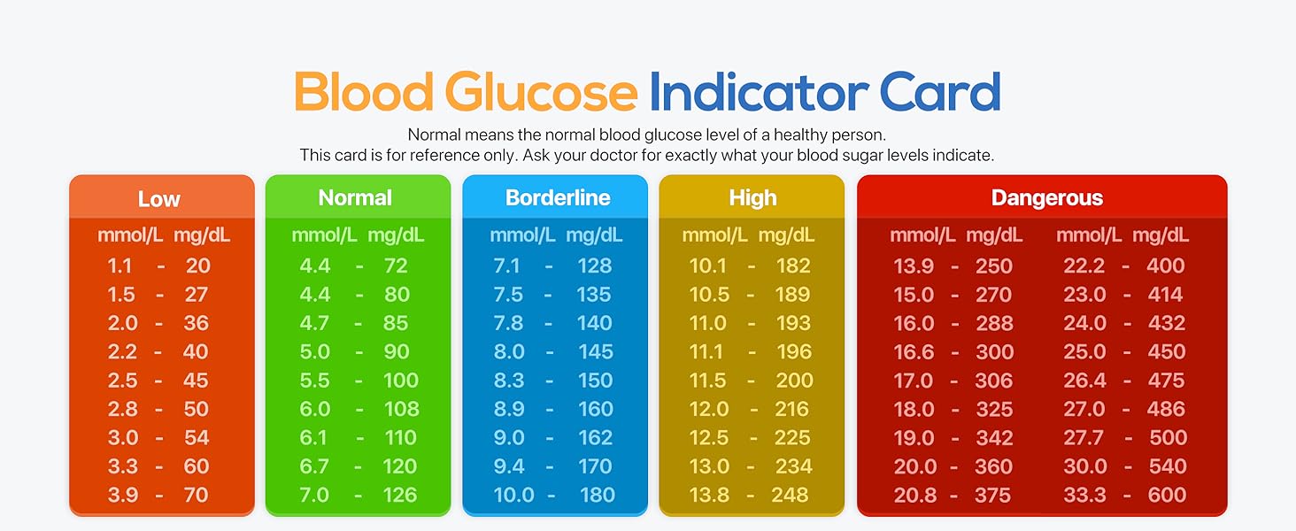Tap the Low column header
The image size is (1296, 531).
click(x=159, y=199)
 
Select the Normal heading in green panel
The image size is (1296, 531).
click(x=355, y=197)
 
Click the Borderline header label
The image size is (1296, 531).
click(x=558, y=197)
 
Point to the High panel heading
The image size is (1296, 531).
click(x=752, y=197)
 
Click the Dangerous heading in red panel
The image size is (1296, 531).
click(x=1046, y=197)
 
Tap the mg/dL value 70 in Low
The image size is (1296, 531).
click(x=197, y=495)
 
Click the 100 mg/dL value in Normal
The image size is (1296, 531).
click(x=401, y=381)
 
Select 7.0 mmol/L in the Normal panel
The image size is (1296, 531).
click(x=314, y=495)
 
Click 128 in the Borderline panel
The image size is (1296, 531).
click(x=594, y=265)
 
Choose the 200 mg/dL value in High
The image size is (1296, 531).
click(x=793, y=381)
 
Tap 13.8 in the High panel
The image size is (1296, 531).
click(x=709, y=495)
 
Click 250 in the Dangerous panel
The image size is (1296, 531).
click(x=994, y=265)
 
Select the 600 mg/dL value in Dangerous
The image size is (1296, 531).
click(x=1167, y=495)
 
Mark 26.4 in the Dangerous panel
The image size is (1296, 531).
click(x=1084, y=381)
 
